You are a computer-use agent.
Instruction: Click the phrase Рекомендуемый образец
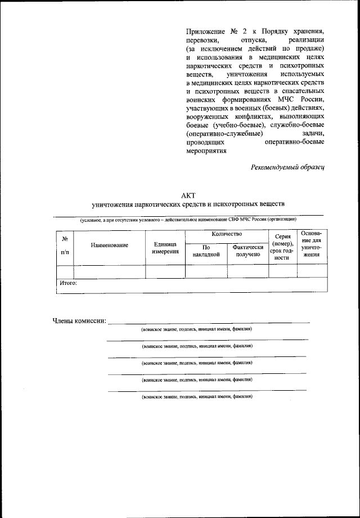coord(287,167)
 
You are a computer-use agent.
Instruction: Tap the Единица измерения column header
coord(165,248)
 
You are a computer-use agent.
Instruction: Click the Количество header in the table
coord(227,234)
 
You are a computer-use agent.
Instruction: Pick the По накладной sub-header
coord(205,251)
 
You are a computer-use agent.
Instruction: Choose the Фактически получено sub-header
coord(247,251)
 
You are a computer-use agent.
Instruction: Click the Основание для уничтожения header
coord(312,244)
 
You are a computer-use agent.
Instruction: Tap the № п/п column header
coord(65,245)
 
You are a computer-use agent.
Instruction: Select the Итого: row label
coord(68,284)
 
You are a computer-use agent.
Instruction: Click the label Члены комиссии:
coord(79,320)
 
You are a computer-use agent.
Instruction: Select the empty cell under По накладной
coord(205,271)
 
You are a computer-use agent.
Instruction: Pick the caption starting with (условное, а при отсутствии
coord(188,219)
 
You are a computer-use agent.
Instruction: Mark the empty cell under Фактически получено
coord(247,271)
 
